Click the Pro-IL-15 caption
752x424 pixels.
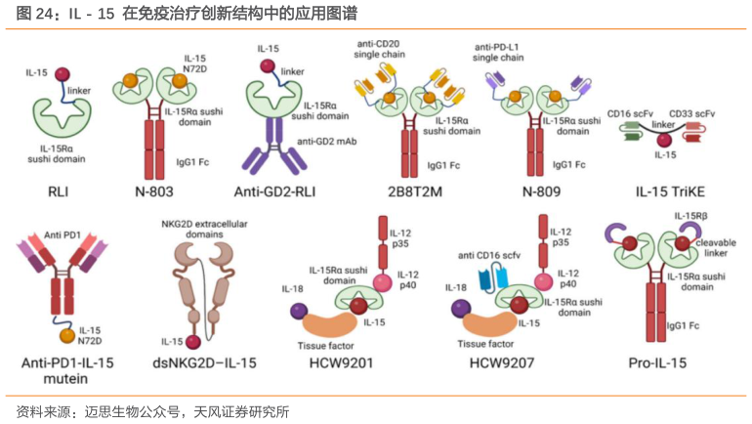(665, 363)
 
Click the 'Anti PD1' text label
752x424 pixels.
(64, 235)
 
